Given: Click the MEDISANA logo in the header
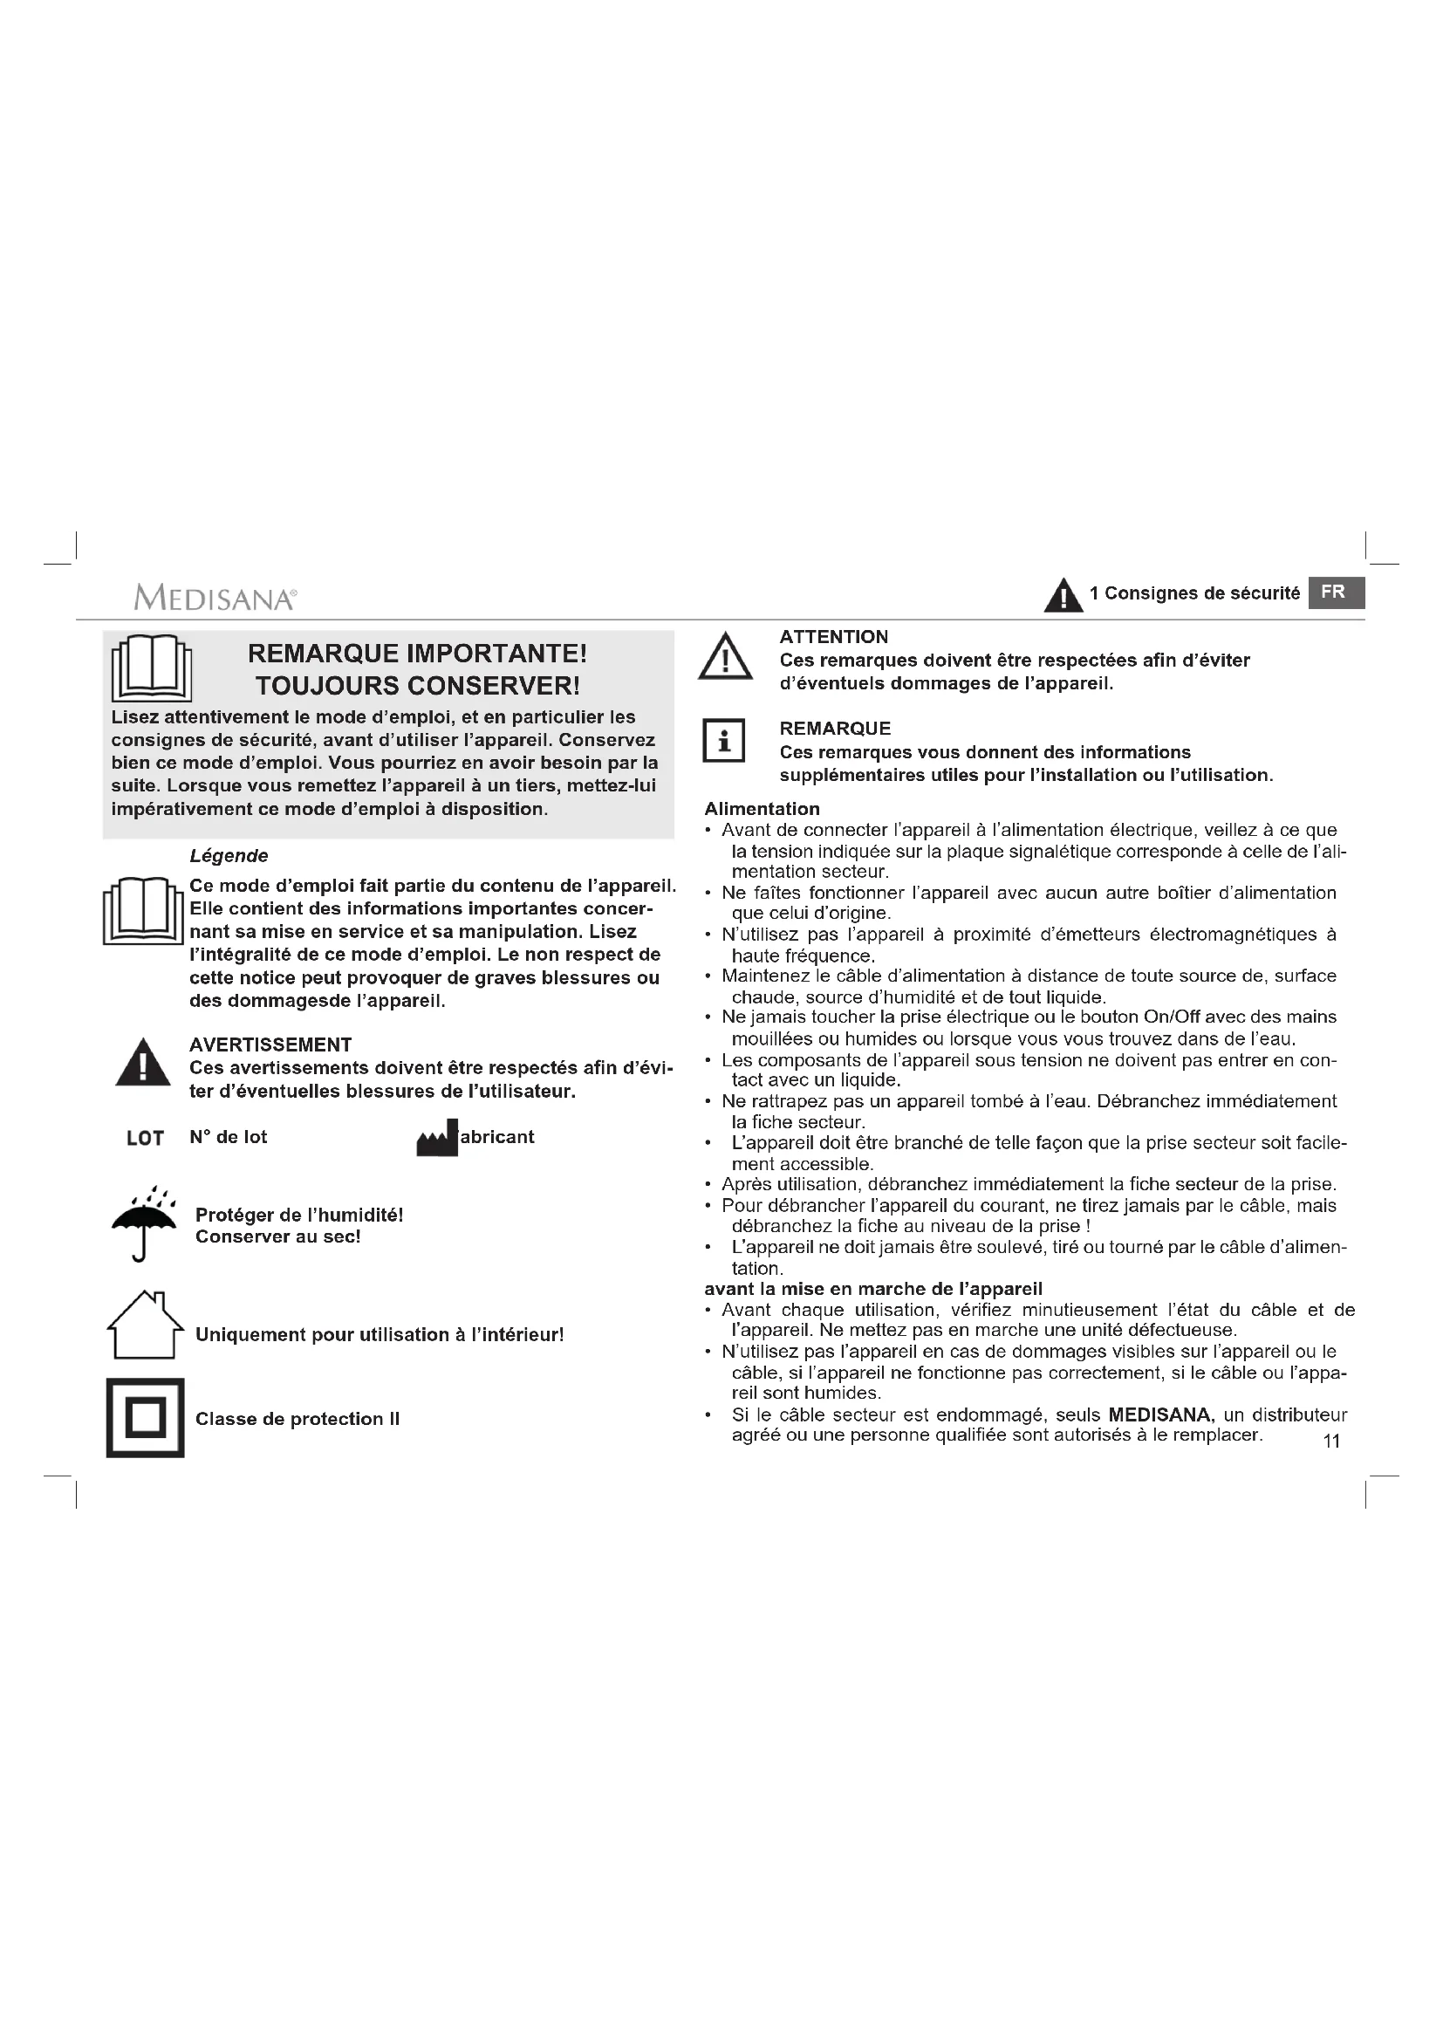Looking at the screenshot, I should click(215, 598).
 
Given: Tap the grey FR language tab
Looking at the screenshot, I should click(1336, 592).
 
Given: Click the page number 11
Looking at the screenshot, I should click(1331, 1441).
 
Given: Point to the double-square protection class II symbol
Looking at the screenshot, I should click(145, 1418).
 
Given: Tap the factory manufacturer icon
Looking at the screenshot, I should click(437, 1138).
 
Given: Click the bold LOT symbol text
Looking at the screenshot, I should click(145, 1138).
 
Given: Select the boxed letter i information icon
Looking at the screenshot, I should click(724, 740).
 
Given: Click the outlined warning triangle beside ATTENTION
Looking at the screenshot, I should click(725, 659).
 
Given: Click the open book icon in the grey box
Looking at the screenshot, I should click(151, 668).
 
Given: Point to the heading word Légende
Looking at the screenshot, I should click(229, 856).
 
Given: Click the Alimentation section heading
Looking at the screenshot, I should click(762, 809).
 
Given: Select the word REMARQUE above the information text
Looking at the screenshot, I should click(834, 729).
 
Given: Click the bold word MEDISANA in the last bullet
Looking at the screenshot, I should click(1160, 1414).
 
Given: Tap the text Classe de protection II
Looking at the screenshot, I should click(297, 1419).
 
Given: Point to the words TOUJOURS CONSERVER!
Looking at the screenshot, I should click(418, 686).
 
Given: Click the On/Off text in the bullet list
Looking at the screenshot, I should click(1162, 1017).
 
